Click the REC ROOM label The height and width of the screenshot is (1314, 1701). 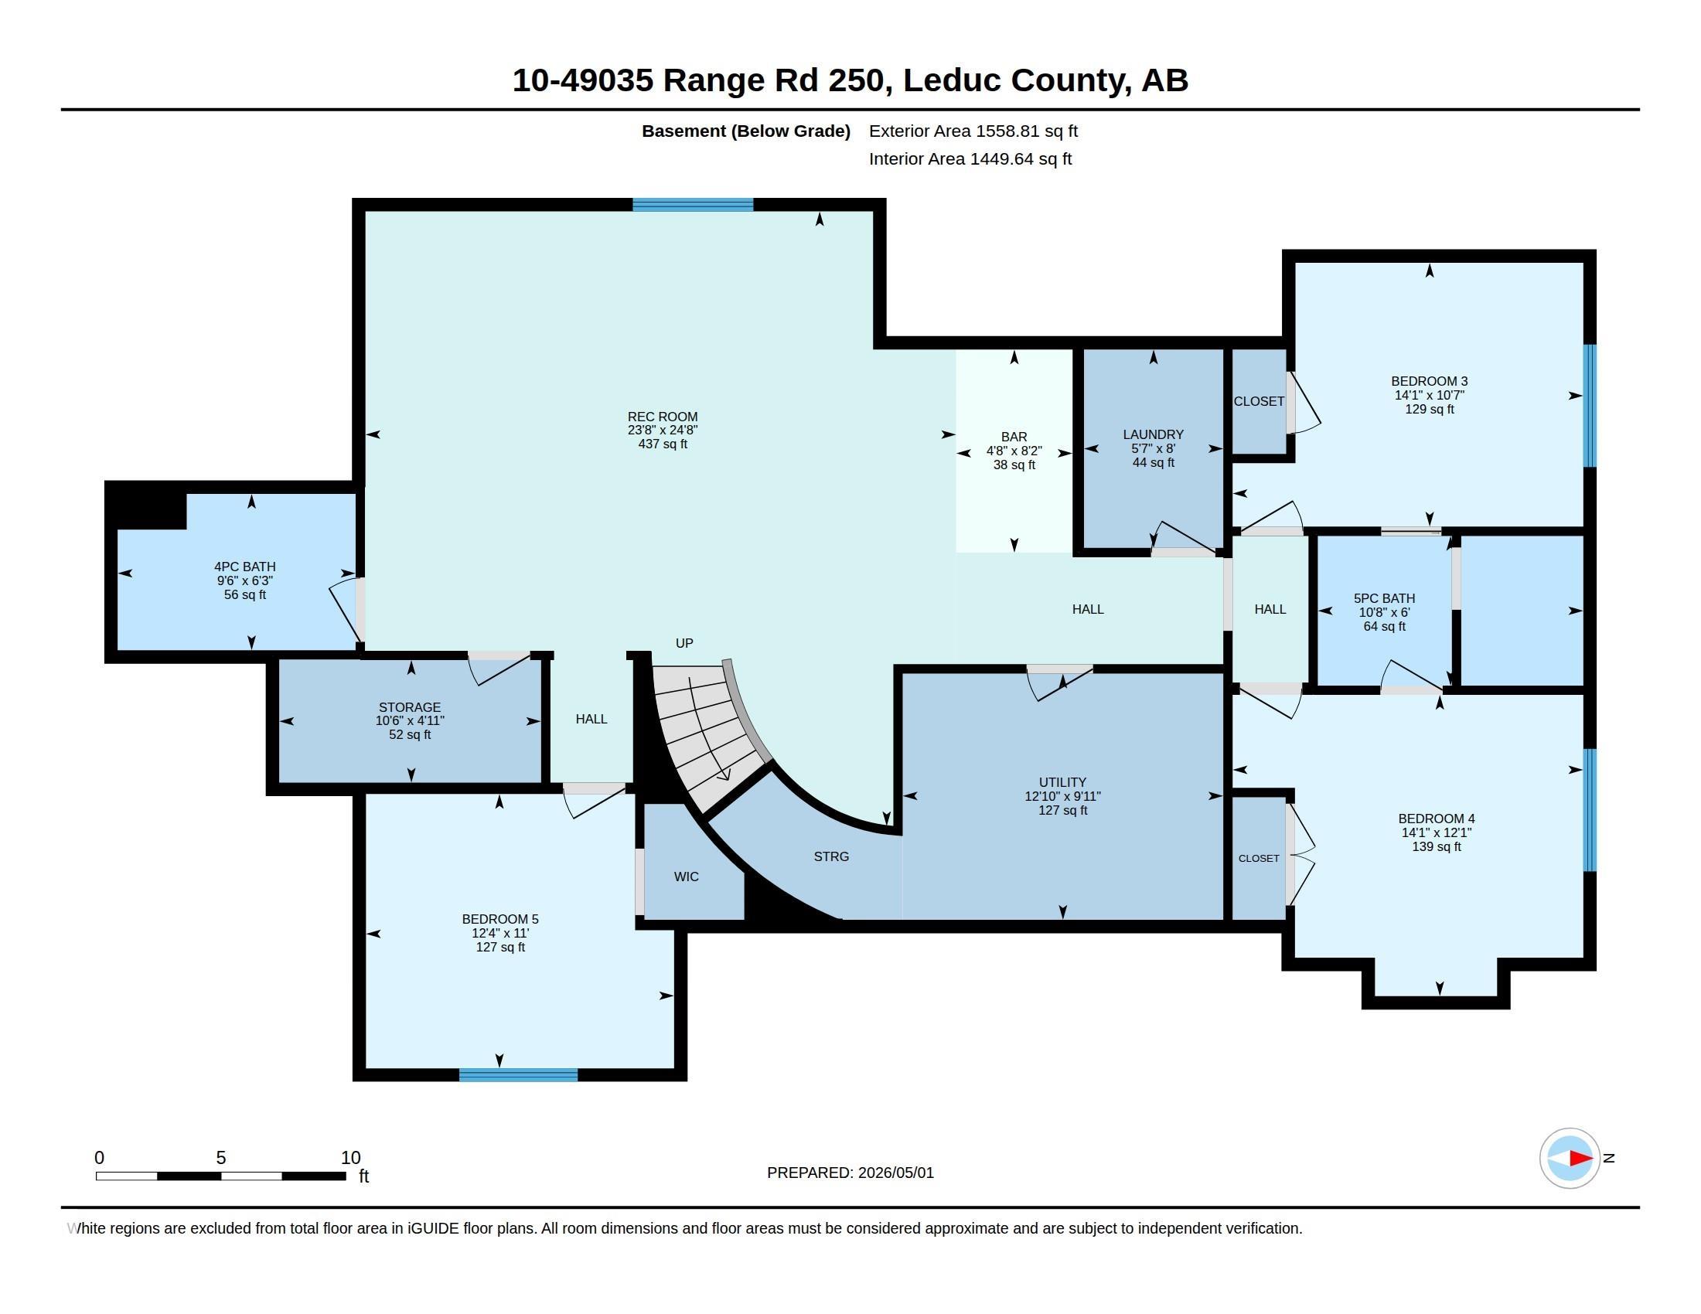(662, 417)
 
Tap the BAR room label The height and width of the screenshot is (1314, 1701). (1014, 437)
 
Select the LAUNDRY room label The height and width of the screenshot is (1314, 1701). (1153, 434)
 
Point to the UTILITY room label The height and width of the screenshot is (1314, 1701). (1062, 782)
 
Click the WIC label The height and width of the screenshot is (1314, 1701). (686, 877)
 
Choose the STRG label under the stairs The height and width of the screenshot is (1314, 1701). (831, 856)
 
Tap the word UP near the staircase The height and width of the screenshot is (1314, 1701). (683, 643)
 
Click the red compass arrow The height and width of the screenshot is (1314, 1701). (1580, 1159)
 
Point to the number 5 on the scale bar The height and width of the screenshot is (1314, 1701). (221, 1158)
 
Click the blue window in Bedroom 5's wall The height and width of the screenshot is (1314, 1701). (519, 1075)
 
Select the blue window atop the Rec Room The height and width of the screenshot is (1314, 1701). (694, 205)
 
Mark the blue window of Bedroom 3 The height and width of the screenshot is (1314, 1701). (1590, 406)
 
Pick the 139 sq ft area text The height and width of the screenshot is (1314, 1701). (1437, 846)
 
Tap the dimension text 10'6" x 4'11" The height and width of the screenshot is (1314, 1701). (410, 721)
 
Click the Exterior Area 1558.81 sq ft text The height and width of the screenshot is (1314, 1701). (973, 131)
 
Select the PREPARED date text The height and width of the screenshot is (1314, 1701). (850, 1173)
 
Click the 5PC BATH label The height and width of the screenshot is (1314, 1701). (1384, 597)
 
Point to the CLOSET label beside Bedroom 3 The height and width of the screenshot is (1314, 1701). (1259, 401)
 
